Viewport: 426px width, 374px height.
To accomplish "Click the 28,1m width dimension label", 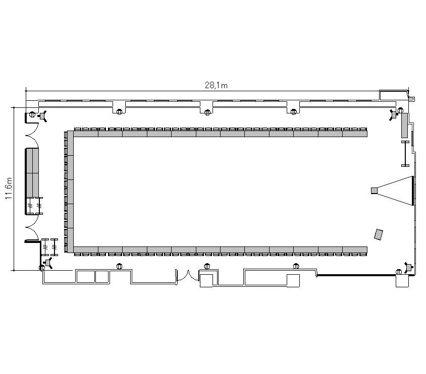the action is coord(216,86).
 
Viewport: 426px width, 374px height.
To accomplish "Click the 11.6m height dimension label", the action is coord(9,189).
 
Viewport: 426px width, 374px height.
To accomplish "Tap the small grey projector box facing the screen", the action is coord(374,191).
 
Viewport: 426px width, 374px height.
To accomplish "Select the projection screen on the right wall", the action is coord(413,191).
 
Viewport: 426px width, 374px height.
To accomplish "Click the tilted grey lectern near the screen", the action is coord(379,234).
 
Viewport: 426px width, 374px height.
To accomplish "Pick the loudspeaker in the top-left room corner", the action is coord(42,116).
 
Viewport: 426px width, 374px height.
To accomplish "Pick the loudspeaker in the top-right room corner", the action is coord(393,115).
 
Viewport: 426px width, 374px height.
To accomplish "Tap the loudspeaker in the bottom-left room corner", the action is coord(48,263).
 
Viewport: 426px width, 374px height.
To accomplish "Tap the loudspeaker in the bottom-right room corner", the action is coord(408,268).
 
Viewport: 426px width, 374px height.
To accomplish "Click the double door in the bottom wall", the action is coord(187,275).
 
